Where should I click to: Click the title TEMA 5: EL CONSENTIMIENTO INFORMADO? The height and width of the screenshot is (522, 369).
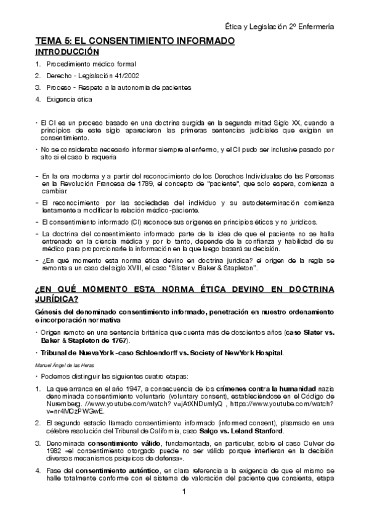(x=134, y=41)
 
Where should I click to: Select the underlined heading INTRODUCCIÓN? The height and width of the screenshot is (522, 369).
(x=67, y=52)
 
